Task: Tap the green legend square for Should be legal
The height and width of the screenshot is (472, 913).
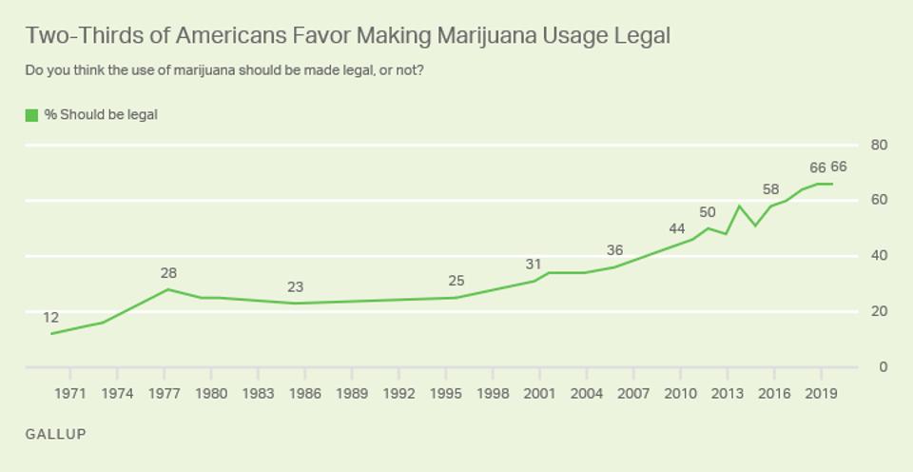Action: tap(31, 115)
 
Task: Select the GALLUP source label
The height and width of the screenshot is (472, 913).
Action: tap(56, 434)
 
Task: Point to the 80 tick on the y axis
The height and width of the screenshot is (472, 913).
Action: tap(879, 145)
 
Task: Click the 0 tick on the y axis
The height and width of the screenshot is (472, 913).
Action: tap(884, 367)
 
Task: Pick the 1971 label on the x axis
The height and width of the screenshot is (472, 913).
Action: tap(70, 393)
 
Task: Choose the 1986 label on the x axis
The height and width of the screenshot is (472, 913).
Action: tap(305, 393)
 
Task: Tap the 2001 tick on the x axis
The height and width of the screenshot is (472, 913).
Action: tap(539, 393)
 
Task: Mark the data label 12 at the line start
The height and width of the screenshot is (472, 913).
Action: tap(51, 317)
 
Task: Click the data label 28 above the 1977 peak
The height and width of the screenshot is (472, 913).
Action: tap(168, 273)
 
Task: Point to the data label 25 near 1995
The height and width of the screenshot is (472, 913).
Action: tap(457, 282)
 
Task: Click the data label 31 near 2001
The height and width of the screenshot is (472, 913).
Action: tap(534, 265)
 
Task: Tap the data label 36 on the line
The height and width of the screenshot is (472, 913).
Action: tap(615, 250)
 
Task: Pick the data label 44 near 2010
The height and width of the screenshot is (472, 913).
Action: tap(676, 228)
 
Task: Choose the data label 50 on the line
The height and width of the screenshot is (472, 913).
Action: tap(707, 211)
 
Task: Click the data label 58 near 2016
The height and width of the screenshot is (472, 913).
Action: tap(770, 189)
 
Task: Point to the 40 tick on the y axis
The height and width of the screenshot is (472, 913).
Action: tap(879, 256)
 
